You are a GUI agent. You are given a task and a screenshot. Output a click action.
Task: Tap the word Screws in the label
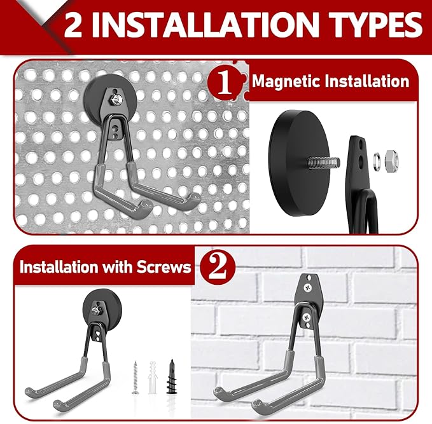(162, 266)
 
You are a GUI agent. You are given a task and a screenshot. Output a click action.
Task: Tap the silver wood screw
(136, 376)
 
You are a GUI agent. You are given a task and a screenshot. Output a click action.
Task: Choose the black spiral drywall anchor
(171, 376)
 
